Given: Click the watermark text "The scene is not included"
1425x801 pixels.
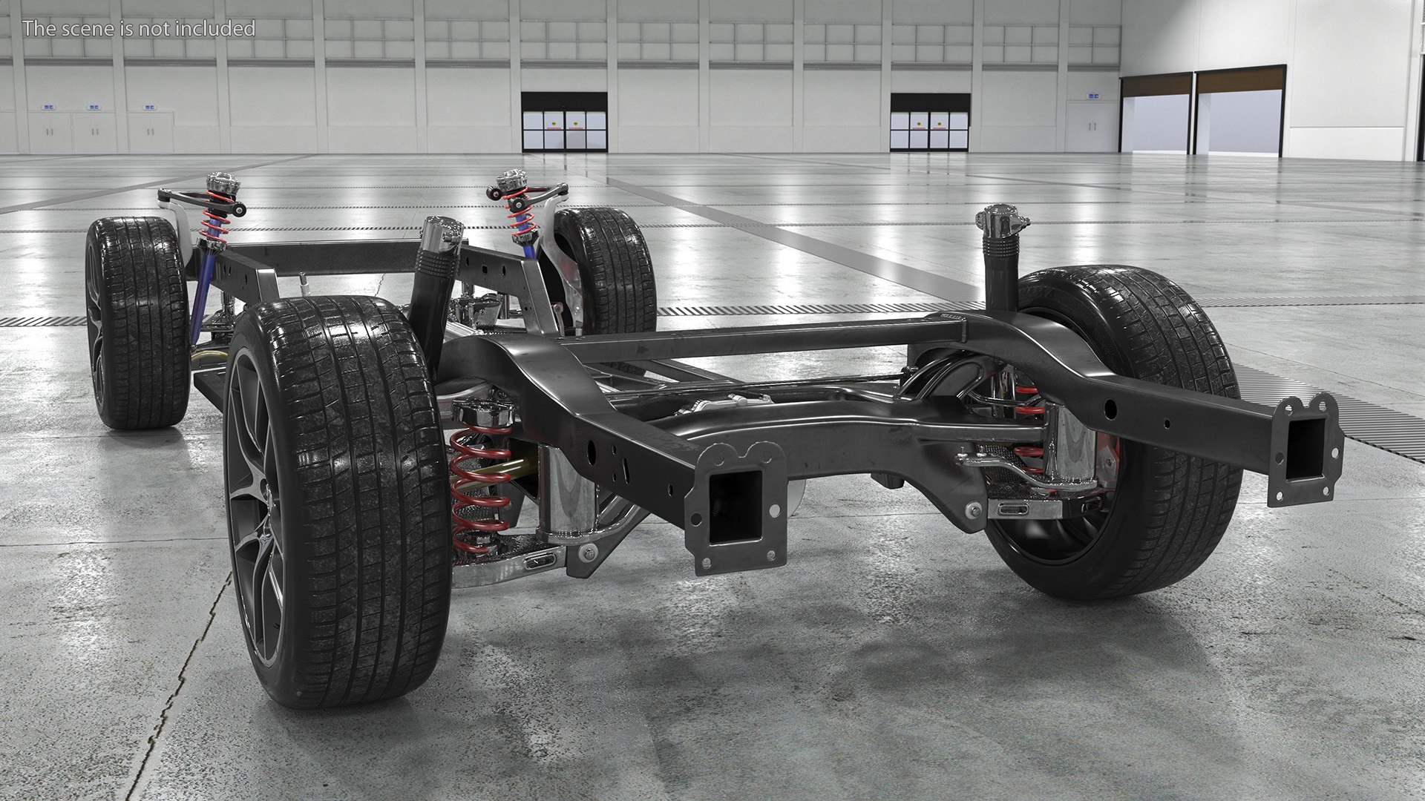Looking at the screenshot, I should [139, 29].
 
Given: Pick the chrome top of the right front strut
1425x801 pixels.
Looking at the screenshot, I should [511, 180].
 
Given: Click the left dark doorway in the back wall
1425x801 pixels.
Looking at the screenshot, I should [564, 122].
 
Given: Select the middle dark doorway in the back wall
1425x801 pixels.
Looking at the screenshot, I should [930, 122].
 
